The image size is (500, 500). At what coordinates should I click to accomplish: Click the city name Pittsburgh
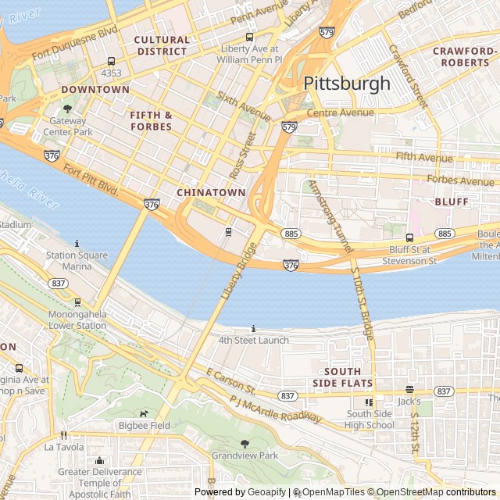point(346,83)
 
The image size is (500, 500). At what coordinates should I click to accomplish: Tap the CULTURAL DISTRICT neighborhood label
point(162,45)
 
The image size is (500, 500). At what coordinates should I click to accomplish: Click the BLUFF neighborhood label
point(452,202)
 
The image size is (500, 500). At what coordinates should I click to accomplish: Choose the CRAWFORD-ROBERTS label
point(465,57)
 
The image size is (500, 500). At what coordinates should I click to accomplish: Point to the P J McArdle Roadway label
point(276,410)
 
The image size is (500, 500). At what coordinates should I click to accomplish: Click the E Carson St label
point(231,381)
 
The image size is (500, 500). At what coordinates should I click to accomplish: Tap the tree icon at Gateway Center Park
point(67,109)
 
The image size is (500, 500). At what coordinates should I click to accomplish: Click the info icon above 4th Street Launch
point(253,329)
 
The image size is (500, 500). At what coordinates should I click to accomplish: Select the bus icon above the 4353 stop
point(111,61)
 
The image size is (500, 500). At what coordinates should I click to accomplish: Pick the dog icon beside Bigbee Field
point(143,414)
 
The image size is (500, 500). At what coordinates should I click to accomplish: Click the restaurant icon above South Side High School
point(370,402)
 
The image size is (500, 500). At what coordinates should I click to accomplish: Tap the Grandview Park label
point(245,455)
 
